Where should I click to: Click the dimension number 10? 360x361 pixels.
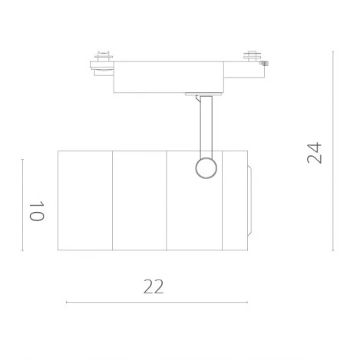(x=35, y=211)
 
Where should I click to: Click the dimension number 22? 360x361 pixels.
(x=154, y=286)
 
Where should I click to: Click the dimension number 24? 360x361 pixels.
(x=315, y=152)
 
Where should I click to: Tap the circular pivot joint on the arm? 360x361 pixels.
(x=205, y=167)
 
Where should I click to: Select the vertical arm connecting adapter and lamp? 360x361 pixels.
(x=204, y=127)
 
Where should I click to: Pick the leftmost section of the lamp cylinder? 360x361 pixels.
(x=85, y=200)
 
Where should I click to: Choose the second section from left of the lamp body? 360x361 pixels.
(x=140, y=200)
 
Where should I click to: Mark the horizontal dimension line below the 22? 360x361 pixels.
(x=157, y=303)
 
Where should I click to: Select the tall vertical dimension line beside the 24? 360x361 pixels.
(x=332, y=151)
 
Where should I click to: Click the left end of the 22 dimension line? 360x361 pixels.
(x=67, y=303)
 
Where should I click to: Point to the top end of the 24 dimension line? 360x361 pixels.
(x=332, y=51)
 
